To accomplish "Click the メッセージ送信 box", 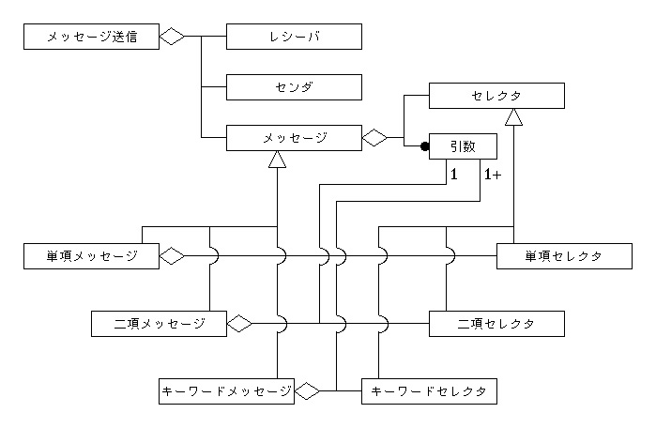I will pyautogui.click(x=90, y=37).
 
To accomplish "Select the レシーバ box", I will pyautogui.click(x=294, y=37).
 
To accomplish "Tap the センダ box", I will pyautogui.click(x=294, y=87).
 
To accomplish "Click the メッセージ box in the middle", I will pyautogui.click(x=294, y=138).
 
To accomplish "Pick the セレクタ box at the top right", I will pyautogui.click(x=496, y=96).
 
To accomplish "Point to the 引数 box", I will pyautogui.click(x=463, y=145).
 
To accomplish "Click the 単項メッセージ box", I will pyautogui.click(x=90, y=256).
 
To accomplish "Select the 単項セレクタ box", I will pyautogui.click(x=563, y=256).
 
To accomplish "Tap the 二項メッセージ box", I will pyautogui.click(x=159, y=324).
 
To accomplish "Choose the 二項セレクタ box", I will pyautogui.click(x=496, y=324).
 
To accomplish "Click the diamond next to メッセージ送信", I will pyautogui.click(x=172, y=37).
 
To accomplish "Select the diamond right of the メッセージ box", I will pyautogui.click(x=374, y=138).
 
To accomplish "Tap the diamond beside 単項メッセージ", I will pyautogui.click(x=172, y=256).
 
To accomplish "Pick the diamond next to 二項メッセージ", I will pyautogui.click(x=239, y=324).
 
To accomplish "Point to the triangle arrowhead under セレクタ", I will pyautogui.click(x=512, y=116).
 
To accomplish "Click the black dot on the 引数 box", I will pyautogui.click(x=425, y=146).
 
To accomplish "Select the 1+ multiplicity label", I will pyautogui.click(x=492, y=174).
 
